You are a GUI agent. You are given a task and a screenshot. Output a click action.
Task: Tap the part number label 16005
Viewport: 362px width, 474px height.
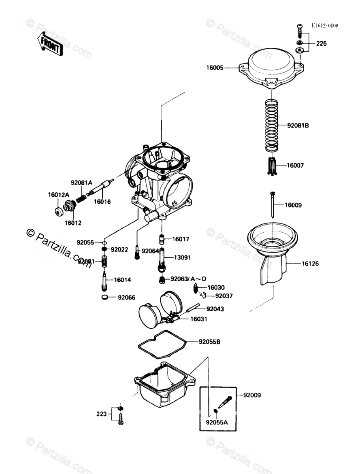coord(214,68)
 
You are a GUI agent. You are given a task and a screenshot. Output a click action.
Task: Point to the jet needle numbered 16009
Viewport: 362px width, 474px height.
coord(273,204)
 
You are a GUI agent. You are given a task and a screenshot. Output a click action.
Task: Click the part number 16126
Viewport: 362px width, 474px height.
coord(310,264)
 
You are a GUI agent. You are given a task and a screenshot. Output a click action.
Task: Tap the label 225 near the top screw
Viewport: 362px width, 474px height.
coord(321,43)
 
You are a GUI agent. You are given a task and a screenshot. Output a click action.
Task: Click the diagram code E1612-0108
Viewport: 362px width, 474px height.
coord(324,26)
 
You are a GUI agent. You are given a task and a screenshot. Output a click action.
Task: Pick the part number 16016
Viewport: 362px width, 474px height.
coord(102,201)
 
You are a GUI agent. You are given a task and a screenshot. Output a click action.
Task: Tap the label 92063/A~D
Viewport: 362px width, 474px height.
coord(188,278)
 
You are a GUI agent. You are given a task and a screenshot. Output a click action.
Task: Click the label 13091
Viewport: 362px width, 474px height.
coord(182,257)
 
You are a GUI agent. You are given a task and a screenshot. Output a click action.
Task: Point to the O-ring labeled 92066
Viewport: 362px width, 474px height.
coord(104,298)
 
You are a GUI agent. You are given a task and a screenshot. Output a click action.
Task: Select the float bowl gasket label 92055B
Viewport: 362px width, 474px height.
coord(209,342)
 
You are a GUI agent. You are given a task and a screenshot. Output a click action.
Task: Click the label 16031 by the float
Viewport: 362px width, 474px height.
coord(199,319)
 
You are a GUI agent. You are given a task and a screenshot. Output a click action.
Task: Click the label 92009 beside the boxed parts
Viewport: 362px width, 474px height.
coord(252,395)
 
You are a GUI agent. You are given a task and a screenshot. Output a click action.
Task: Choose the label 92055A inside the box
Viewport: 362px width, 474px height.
coord(217,423)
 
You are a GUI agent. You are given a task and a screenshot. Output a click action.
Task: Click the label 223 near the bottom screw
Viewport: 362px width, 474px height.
coord(101,414)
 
